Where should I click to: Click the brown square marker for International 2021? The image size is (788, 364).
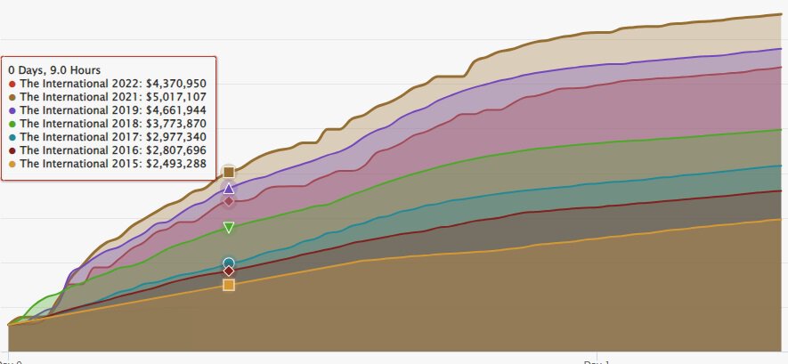point(229,172)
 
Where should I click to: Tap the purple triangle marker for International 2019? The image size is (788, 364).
point(229,189)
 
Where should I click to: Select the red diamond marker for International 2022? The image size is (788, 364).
point(229,201)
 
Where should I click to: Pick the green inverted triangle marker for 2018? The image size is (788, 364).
point(229,228)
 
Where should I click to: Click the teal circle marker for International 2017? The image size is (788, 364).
point(229,263)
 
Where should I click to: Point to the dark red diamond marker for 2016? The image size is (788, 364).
point(229,271)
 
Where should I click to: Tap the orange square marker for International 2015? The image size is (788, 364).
point(229,285)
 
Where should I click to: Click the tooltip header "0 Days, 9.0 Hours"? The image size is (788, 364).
point(54,69)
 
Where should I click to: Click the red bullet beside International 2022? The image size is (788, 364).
point(12,84)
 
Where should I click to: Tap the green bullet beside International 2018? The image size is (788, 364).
point(12,124)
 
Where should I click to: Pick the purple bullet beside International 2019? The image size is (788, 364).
point(12,110)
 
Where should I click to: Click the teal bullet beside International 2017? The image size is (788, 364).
point(12,137)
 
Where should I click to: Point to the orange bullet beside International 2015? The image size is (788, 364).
point(12,165)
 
